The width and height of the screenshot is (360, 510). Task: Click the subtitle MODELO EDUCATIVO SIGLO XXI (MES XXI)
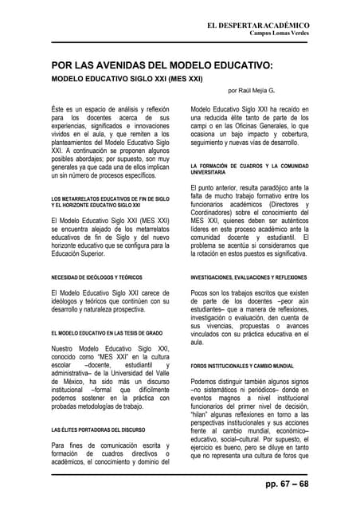point(127,80)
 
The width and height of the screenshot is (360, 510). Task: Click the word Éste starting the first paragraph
point(60,108)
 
